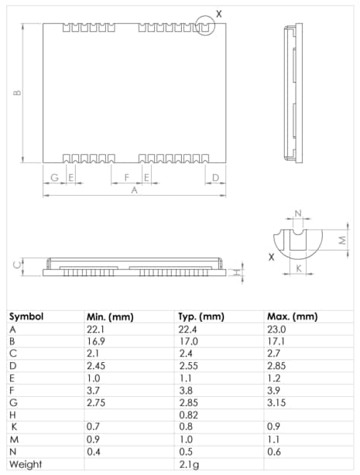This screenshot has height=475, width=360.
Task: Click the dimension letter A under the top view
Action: (133, 190)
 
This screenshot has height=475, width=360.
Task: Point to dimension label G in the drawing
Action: (53, 177)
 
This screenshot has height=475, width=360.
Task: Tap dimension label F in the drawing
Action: (126, 177)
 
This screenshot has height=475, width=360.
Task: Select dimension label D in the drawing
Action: (215, 177)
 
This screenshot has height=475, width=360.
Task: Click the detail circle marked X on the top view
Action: (204, 25)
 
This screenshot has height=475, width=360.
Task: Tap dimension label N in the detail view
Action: (298, 214)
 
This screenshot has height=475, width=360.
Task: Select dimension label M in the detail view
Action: (342, 240)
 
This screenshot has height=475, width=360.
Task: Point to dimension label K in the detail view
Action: (298, 269)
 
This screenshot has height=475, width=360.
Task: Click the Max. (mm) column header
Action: (292, 316)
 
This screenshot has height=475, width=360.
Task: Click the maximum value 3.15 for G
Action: (276, 402)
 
